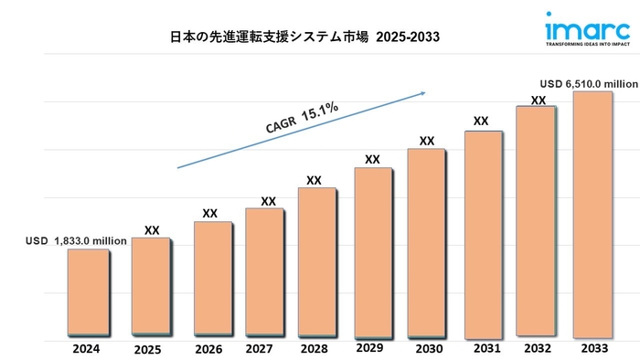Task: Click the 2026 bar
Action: pos(212,278)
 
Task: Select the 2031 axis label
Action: pos(485,348)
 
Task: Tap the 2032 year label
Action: pos(538,349)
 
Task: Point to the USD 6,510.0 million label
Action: pos(588,83)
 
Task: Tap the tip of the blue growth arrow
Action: pos(427,91)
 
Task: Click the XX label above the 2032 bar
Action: pos(539,100)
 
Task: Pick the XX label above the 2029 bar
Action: pos(372,160)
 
